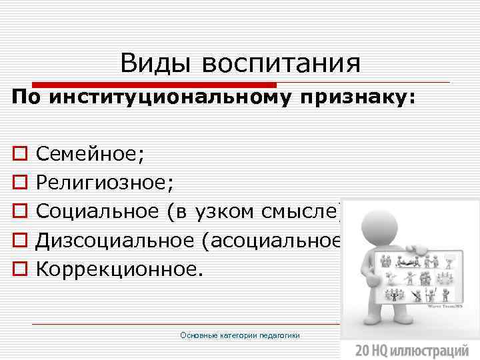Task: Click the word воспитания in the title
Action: point(280,65)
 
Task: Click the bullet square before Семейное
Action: point(18,155)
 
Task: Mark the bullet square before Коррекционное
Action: point(18,269)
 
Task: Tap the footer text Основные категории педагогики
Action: point(240,335)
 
